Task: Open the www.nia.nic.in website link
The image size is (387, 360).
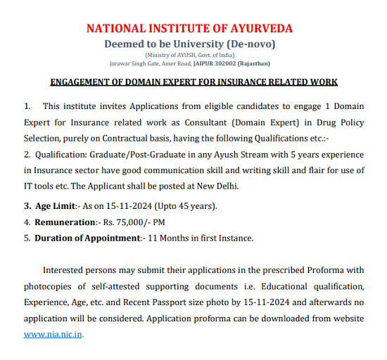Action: [x=53, y=334]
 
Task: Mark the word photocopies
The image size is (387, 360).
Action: [x=51, y=287]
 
